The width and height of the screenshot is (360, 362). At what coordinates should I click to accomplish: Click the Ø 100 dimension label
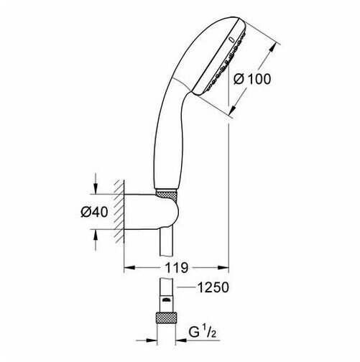point(252,79)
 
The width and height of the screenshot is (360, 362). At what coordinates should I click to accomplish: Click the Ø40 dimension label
point(94,212)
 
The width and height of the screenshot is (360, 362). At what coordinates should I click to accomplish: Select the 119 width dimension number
point(176,268)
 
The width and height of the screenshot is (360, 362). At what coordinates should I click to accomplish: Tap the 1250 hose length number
point(213,287)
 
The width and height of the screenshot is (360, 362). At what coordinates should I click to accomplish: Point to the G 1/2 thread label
point(203,332)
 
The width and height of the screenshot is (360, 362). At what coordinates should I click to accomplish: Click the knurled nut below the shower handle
point(166,194)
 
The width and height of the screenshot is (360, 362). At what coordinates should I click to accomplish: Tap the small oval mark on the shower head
point(231,40)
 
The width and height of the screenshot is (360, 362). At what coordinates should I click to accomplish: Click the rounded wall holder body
point(152,212)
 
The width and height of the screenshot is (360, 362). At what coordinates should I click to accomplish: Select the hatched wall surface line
point(124,211)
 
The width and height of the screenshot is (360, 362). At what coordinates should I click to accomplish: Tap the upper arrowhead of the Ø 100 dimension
point(272,49)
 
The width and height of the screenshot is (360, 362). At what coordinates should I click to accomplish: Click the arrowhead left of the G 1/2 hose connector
point(150,340)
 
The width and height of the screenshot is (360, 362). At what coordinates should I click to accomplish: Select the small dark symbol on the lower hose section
point(166,300)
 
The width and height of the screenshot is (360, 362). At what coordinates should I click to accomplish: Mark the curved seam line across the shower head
point(183,84)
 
